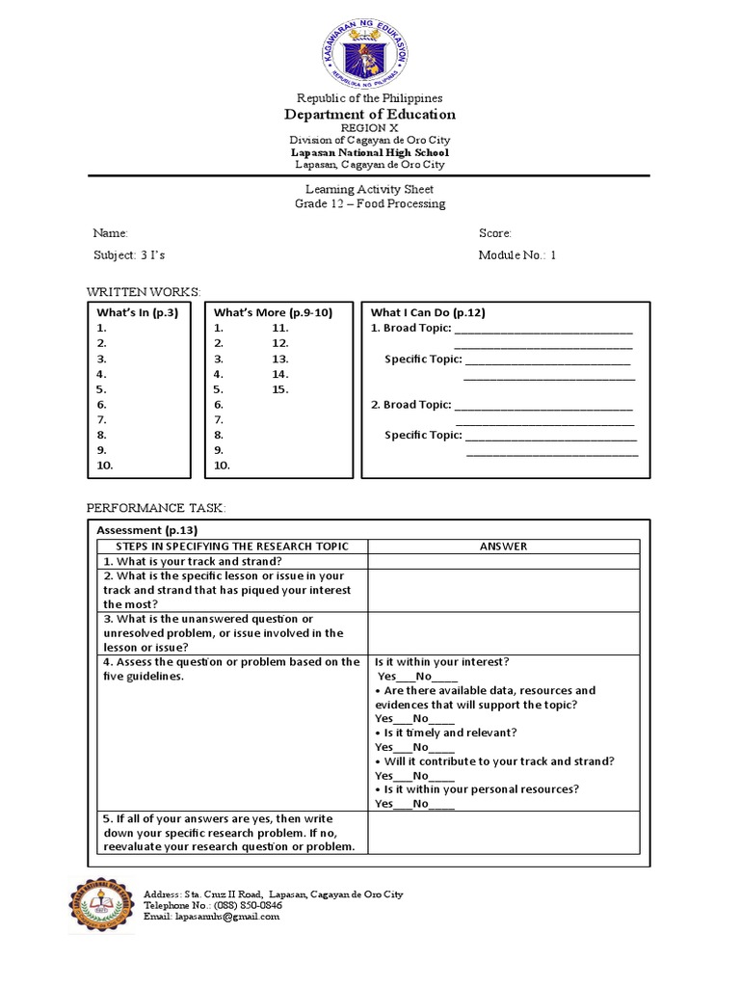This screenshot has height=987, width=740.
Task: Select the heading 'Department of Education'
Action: coord(370,114)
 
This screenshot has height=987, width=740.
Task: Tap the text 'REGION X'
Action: coord(370,127)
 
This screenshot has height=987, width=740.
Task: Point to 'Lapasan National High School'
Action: coord(370,152)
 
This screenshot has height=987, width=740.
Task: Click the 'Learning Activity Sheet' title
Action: coord(370,190)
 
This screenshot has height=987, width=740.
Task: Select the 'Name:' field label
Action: coord(110,233)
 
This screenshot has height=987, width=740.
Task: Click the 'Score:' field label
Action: coord(495,233)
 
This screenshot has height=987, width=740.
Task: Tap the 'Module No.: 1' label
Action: coord(517,255)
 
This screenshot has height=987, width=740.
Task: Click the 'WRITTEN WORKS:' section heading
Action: coord(145,291)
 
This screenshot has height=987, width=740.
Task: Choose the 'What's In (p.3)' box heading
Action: coord(138,312)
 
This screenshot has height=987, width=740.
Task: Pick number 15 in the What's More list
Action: coord(280,389)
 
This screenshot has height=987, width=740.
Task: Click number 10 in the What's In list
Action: coord(105,466)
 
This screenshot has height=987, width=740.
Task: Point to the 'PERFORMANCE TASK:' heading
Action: coord(155,507)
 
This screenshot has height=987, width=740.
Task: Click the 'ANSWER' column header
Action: coord(503,547)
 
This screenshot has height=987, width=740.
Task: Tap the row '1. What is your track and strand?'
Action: coord(192,561)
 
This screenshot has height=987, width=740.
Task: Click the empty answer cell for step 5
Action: coord(502,833)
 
